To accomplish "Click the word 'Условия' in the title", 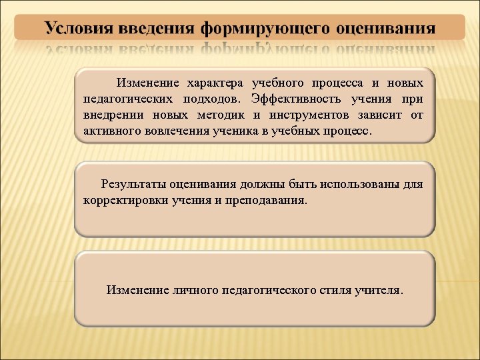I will tap(79, 29).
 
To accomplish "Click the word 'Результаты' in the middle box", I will tap(133, 183).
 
